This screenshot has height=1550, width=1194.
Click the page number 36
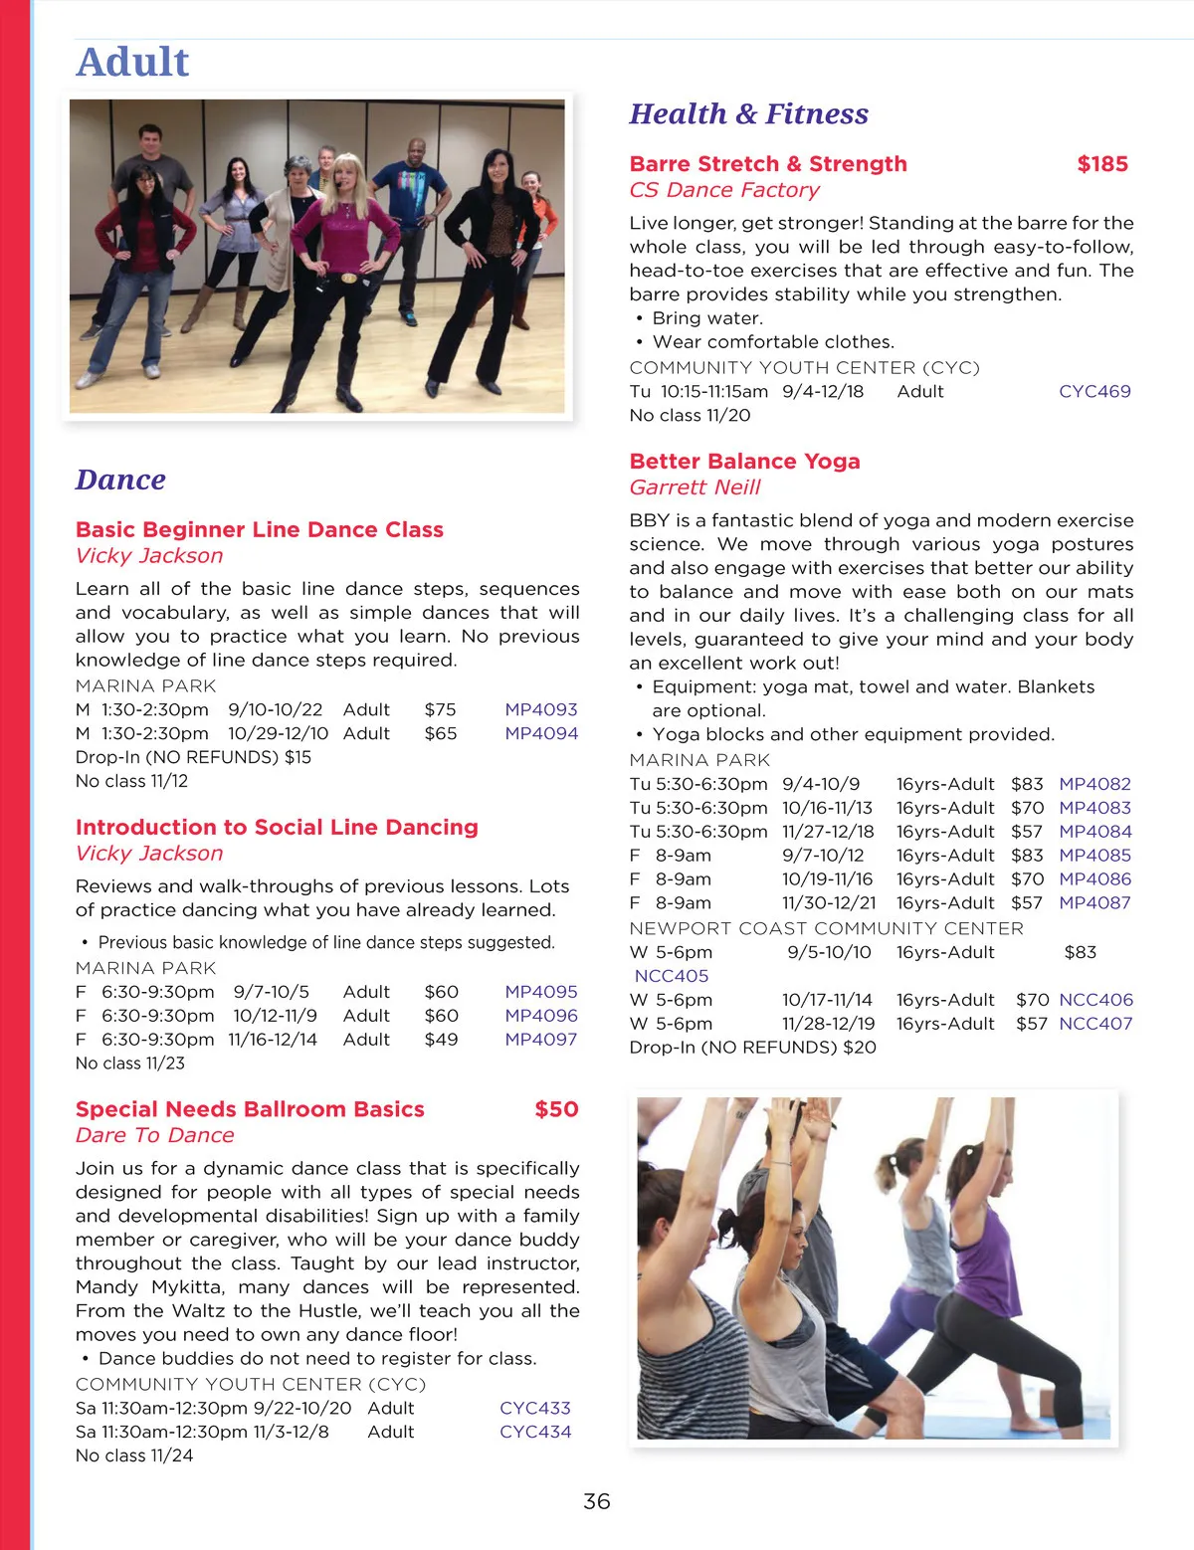(596, 1501)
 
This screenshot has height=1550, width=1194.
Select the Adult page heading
(132, 62)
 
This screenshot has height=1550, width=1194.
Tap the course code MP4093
(540, 709)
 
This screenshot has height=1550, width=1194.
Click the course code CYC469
(1094, 391)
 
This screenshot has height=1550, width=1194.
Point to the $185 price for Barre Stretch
(1102, 164)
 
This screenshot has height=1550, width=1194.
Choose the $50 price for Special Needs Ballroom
(556, 1109)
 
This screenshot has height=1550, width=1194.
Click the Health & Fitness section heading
(748, 114)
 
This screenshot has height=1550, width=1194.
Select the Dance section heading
(120, 480)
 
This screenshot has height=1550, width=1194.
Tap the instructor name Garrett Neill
(695, 487)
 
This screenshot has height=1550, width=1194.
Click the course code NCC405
(672, 976)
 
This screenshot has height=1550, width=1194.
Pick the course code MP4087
(1094, 902)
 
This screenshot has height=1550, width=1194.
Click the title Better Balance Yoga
(744, 462)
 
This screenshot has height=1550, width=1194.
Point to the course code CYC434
(535, 1432)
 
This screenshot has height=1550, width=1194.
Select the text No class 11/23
(130, 1063)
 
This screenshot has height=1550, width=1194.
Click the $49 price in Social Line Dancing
(441, 1039)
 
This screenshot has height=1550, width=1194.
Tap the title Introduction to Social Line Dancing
(277, 828)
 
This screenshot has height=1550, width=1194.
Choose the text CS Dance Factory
(724, 190)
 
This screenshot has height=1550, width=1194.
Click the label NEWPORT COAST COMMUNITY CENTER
(826, 928)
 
